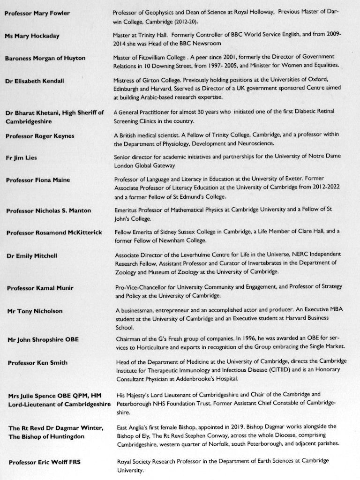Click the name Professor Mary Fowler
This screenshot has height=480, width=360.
pyautogui.click(x=37, y=13)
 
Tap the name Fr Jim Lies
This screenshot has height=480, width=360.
pyautogui.click(x=22, y=158)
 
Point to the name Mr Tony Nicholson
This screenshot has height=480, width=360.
pyautogui.click(x=34, y=311)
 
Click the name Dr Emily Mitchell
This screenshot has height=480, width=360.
pyautogui.click(x=32, y=255)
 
